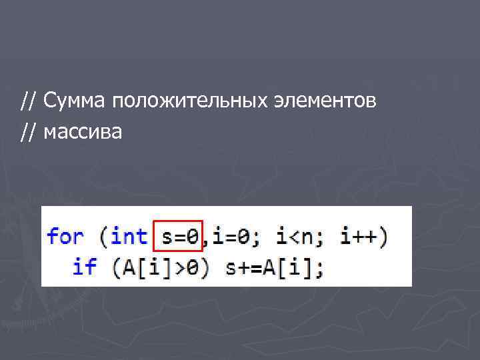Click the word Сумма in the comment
click(75, 101)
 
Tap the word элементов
click(325, 101)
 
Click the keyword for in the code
click(65, 236)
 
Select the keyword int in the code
click(129, 236)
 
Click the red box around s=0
click(177, 235)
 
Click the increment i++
click(359, 236)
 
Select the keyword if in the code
click(84, 267)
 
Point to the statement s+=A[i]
click(272, 267)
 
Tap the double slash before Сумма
click(28, 101)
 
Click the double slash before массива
click(28, 132)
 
